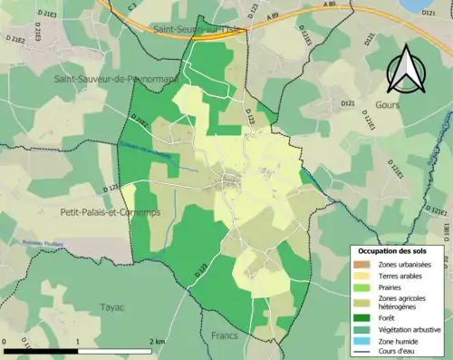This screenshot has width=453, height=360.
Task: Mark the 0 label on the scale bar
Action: point(5,340)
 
